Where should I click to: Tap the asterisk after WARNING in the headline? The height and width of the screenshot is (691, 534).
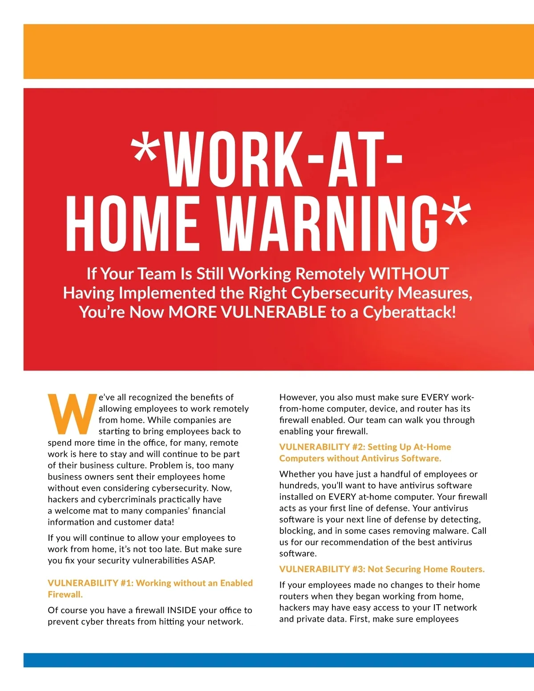(x=455, y=213)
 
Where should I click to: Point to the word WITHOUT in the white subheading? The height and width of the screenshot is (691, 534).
(x=409, y=274)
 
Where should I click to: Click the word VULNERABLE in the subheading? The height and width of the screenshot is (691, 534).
(x=273, y=312)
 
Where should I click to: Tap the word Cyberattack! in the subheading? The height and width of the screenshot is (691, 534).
(x=409, y=312)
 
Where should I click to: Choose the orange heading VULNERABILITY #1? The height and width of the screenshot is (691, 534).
(x=83, y=583)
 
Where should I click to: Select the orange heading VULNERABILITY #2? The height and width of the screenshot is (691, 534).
(x=314, y=447)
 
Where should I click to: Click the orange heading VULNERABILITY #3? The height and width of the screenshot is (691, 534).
(x=314, y=569)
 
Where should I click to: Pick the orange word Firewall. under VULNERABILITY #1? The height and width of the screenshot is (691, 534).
(x=65, y=594)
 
